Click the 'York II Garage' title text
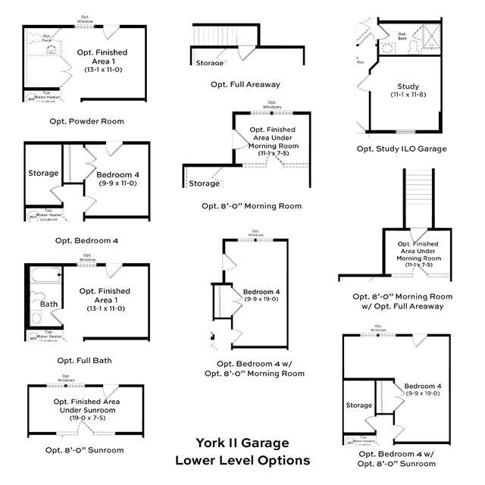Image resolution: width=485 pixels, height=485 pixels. tap(242, 443)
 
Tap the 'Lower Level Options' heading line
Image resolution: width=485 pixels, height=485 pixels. tap(242, 460)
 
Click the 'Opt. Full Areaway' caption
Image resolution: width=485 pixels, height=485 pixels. tap(242, 84)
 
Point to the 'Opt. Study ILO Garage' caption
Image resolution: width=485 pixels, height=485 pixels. tap(402, 149)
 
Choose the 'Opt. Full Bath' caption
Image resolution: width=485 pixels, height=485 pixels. tap(83, 360)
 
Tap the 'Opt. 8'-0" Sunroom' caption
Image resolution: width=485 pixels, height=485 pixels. tap(84, 449)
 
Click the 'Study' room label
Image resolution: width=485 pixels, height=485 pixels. tap(408, 86)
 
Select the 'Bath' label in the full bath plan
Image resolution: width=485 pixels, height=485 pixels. tap(48, 305)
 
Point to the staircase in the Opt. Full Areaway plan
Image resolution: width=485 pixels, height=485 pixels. tap(208, 36)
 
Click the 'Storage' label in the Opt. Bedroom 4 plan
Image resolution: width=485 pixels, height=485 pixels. tap(43, 174)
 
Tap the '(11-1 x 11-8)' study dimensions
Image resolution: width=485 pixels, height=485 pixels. tap(408, 95)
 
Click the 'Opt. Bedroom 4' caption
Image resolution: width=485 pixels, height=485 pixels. tap(86, 240)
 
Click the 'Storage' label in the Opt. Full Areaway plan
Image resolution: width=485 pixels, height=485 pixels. tap(210, 63)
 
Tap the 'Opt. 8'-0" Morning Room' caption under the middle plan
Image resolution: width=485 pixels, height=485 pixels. tap(252, 205)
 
